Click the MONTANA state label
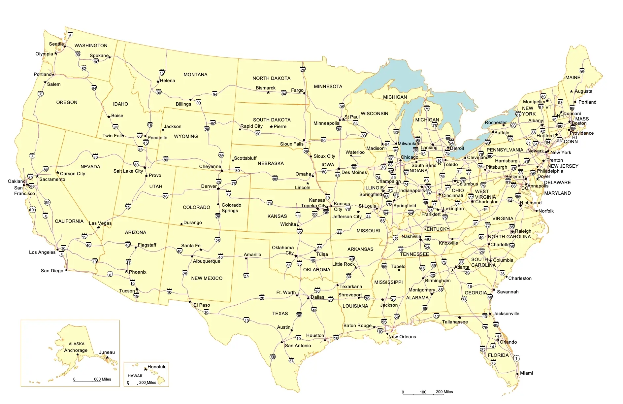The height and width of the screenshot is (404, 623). [195, 75]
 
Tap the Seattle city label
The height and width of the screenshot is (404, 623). [56, 44]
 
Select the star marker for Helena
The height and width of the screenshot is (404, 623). [158, 81]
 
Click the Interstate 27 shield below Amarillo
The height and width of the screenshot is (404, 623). [246, 275]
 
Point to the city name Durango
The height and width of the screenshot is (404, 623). [192, 222]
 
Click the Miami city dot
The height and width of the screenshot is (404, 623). [517, 374]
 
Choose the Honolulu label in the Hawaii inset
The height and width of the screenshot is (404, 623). [157, 367]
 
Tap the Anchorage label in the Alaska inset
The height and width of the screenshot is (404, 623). [76, 350]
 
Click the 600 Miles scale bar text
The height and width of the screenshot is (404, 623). [102, 379]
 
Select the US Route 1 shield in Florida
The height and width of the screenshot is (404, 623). [516, 358]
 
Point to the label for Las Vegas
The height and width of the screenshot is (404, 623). [100, 223]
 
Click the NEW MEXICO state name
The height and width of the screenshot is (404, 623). [207, 278]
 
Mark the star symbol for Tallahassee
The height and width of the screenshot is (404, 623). [459, 318]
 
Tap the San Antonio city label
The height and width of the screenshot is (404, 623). [298, 346]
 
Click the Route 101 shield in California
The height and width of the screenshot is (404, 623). [32, 210]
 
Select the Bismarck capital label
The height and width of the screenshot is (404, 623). [265, 88]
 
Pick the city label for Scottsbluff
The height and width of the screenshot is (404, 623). [245, 158]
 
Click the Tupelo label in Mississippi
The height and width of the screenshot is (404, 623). [398, 266]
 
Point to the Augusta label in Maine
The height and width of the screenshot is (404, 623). [583, 91]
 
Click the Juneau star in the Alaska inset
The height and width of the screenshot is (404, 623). [107, 357]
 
